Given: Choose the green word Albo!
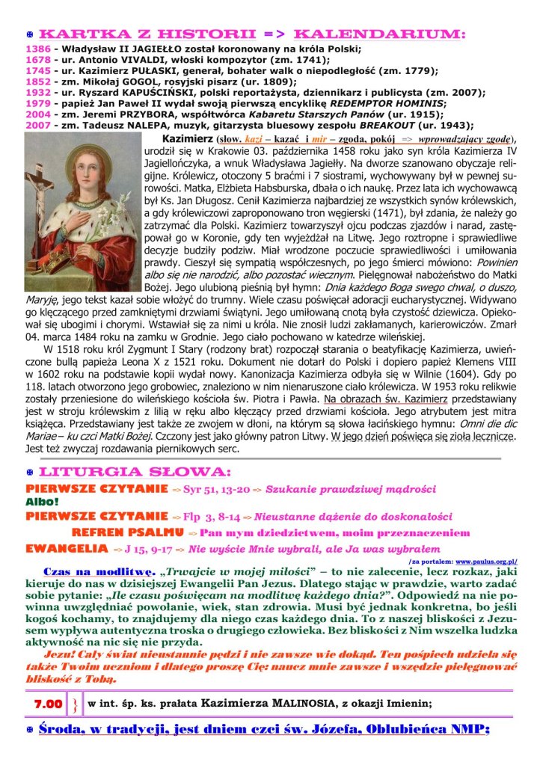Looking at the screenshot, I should (42, 502).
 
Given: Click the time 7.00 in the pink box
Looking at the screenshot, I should (48, 704).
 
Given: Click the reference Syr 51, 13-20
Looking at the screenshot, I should (218, 489).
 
